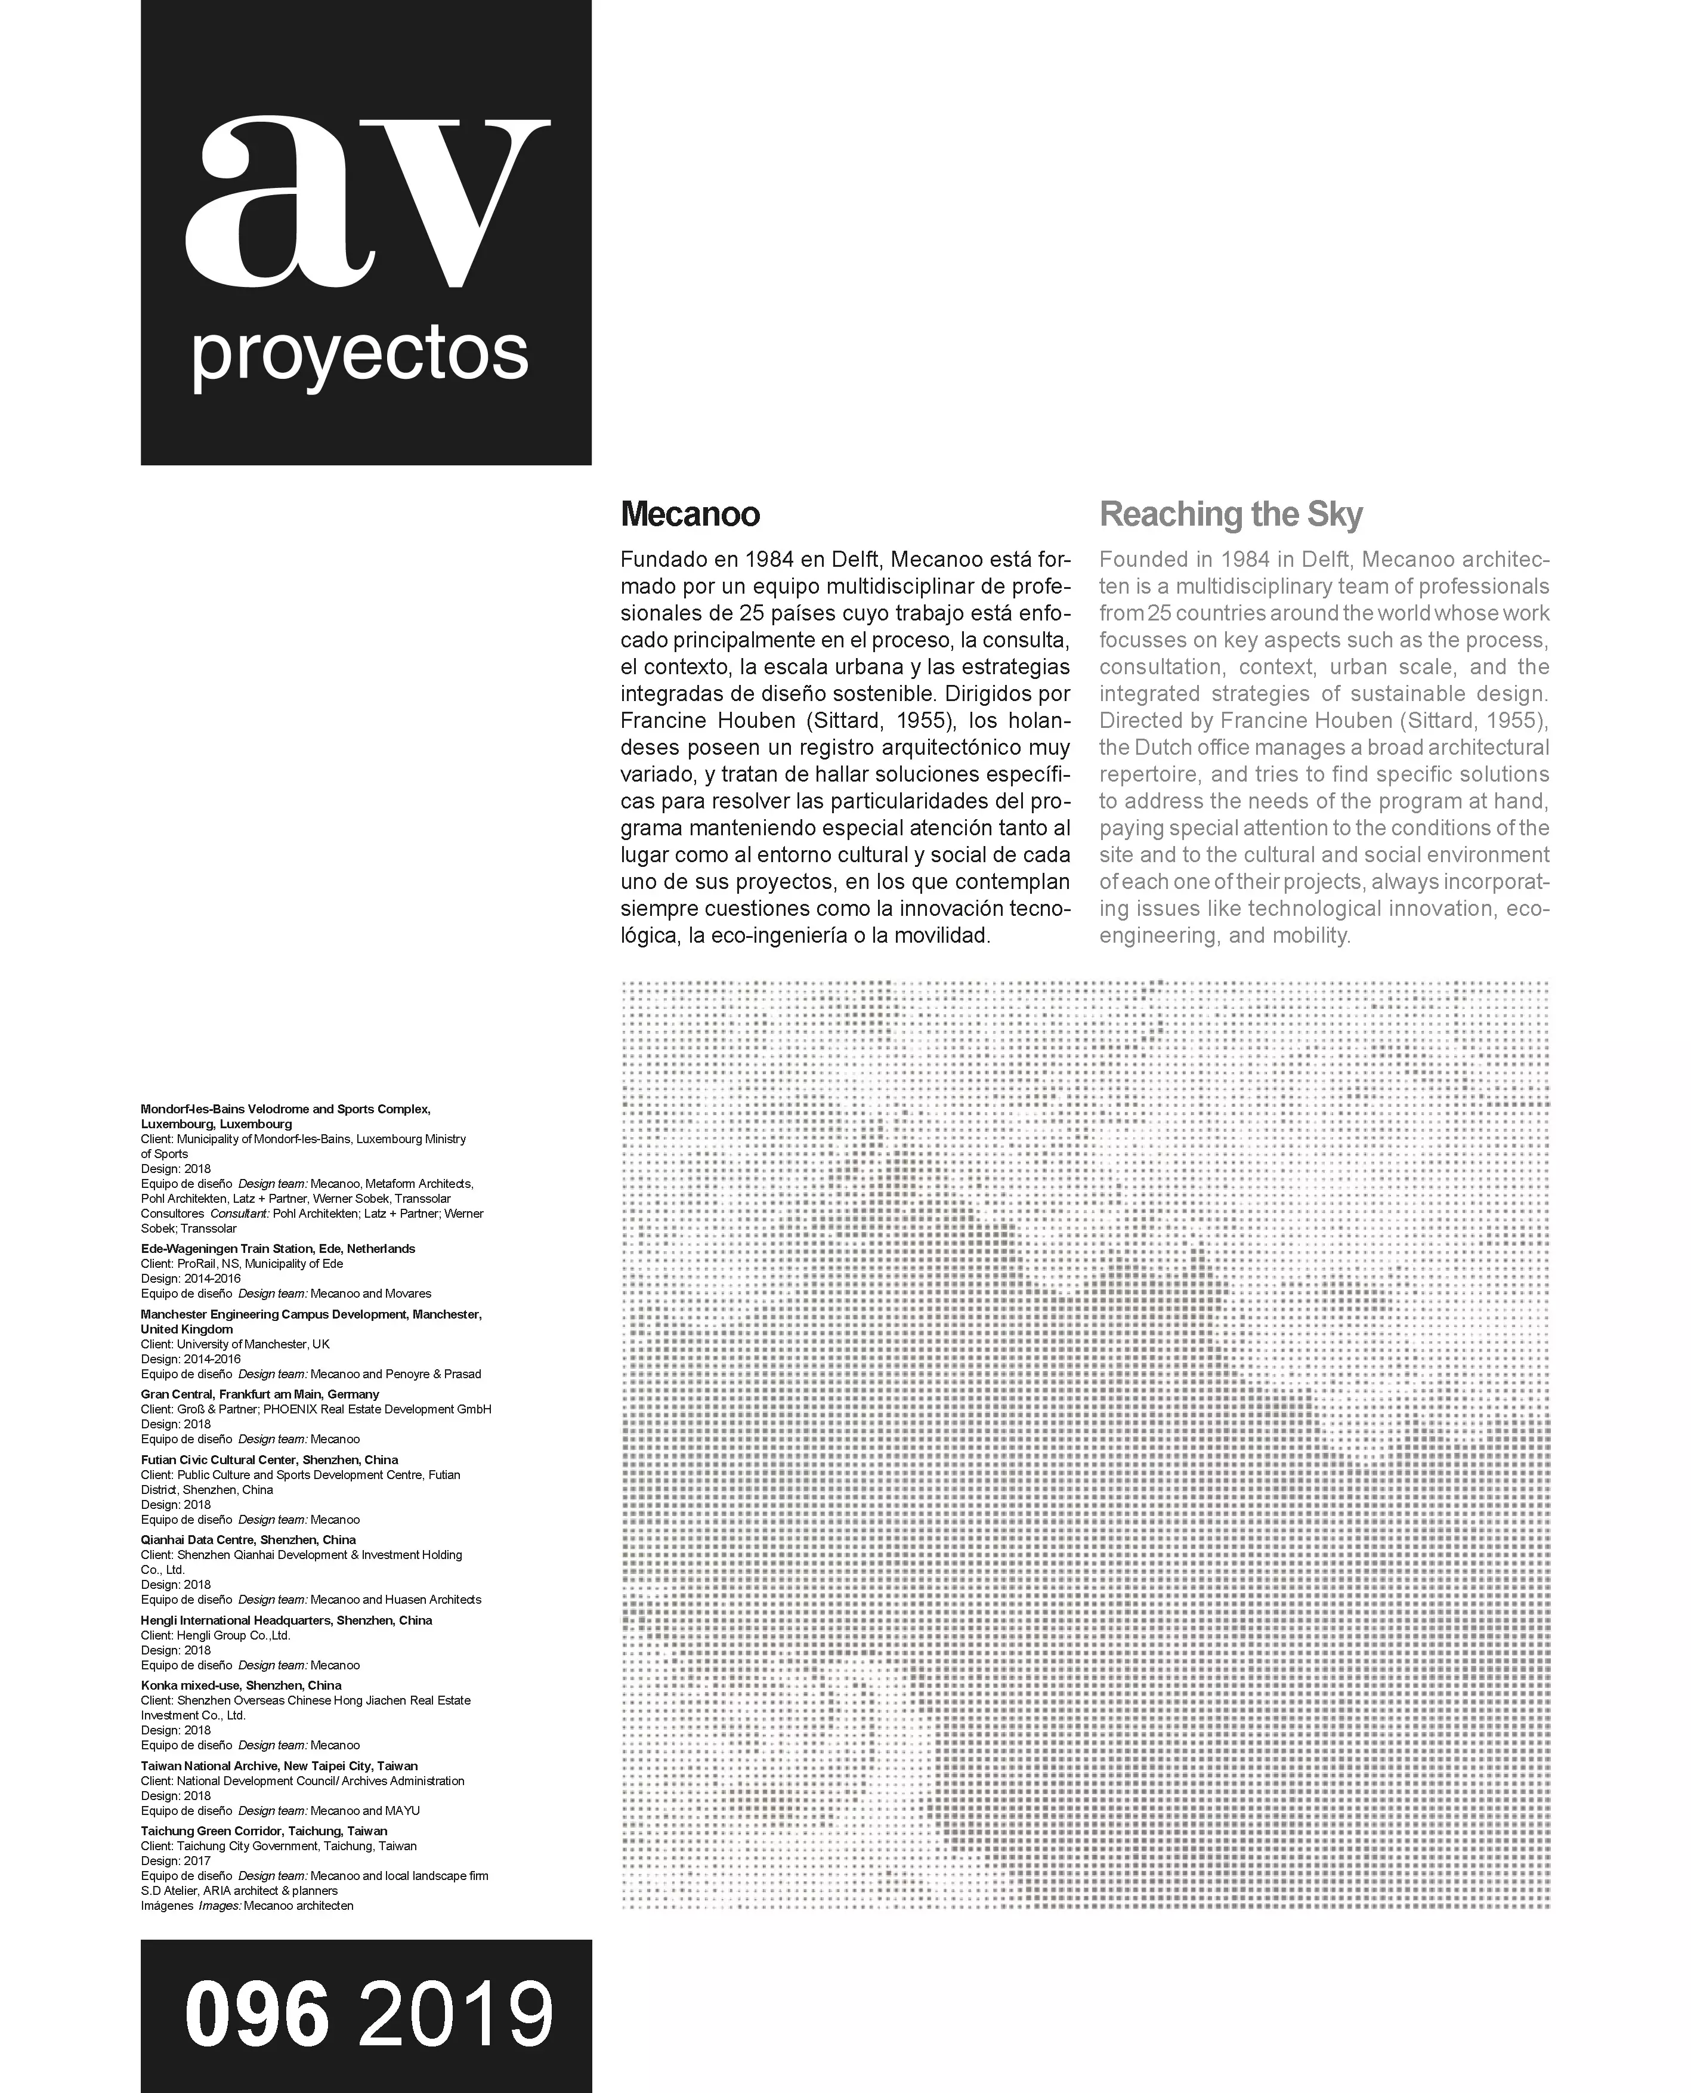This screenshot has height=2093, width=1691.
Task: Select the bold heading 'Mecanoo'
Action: click(x=690, y=514)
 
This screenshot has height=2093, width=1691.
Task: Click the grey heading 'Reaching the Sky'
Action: click(x=1231, y=514)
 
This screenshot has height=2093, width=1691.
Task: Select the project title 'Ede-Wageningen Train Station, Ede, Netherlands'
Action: click(x=277, y=1248)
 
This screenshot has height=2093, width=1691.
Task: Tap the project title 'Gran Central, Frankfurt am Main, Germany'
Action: click(x=260, y=1394)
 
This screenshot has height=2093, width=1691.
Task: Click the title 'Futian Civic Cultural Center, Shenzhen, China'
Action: click(x=269, y=1459)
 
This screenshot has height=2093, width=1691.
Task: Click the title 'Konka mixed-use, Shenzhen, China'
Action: click(x=240, y=1685)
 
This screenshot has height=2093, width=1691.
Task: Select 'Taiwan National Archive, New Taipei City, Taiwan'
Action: click(x=279, y=1765)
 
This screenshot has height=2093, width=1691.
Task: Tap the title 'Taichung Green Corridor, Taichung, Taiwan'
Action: click(x=264, y=1831)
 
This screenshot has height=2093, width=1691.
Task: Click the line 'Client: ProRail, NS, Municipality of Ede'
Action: click(x=242, y=1264)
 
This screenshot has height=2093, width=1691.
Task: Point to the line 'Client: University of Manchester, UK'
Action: click(x=235, y=1344)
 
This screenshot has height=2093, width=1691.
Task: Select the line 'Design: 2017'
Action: click(x=175, y=1860)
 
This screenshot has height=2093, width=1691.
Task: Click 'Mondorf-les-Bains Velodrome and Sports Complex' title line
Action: click(x=285, y=1109)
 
